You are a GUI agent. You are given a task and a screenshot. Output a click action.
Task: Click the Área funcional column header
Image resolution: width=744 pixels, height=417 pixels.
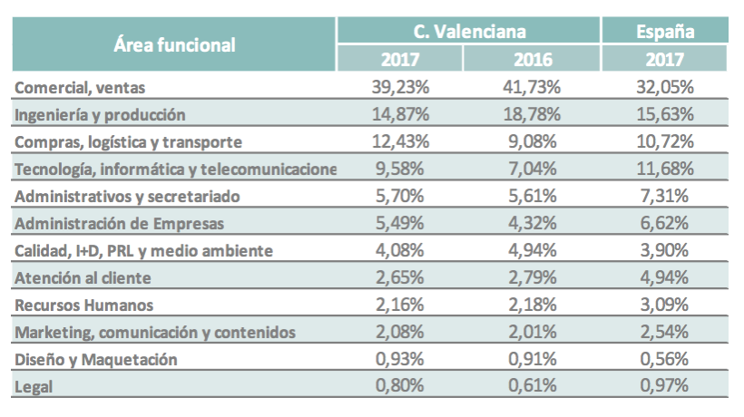click(175, 44)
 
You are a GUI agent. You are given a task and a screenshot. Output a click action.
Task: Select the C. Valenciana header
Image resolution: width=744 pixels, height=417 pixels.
click(469, 31)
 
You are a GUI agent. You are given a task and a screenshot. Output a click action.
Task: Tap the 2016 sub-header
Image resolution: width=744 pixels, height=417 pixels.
click(533, 60)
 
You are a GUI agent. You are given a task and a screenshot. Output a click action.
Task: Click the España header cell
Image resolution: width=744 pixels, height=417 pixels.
click(665, 31)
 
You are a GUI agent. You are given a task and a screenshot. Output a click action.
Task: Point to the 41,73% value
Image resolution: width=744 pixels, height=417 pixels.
click(533, 88)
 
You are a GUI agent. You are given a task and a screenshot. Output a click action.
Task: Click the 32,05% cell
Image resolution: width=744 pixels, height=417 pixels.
click(665, 88)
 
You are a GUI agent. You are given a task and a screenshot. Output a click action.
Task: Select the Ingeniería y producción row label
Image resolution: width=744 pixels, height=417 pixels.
click(101, 115)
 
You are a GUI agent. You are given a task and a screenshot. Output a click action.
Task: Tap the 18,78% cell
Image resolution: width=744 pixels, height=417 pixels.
click(533, 115)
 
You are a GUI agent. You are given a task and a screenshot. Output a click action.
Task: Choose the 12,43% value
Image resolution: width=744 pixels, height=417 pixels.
click(399, 142)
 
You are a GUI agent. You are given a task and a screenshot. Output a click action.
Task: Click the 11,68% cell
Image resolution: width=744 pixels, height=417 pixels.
click(665, 170)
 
